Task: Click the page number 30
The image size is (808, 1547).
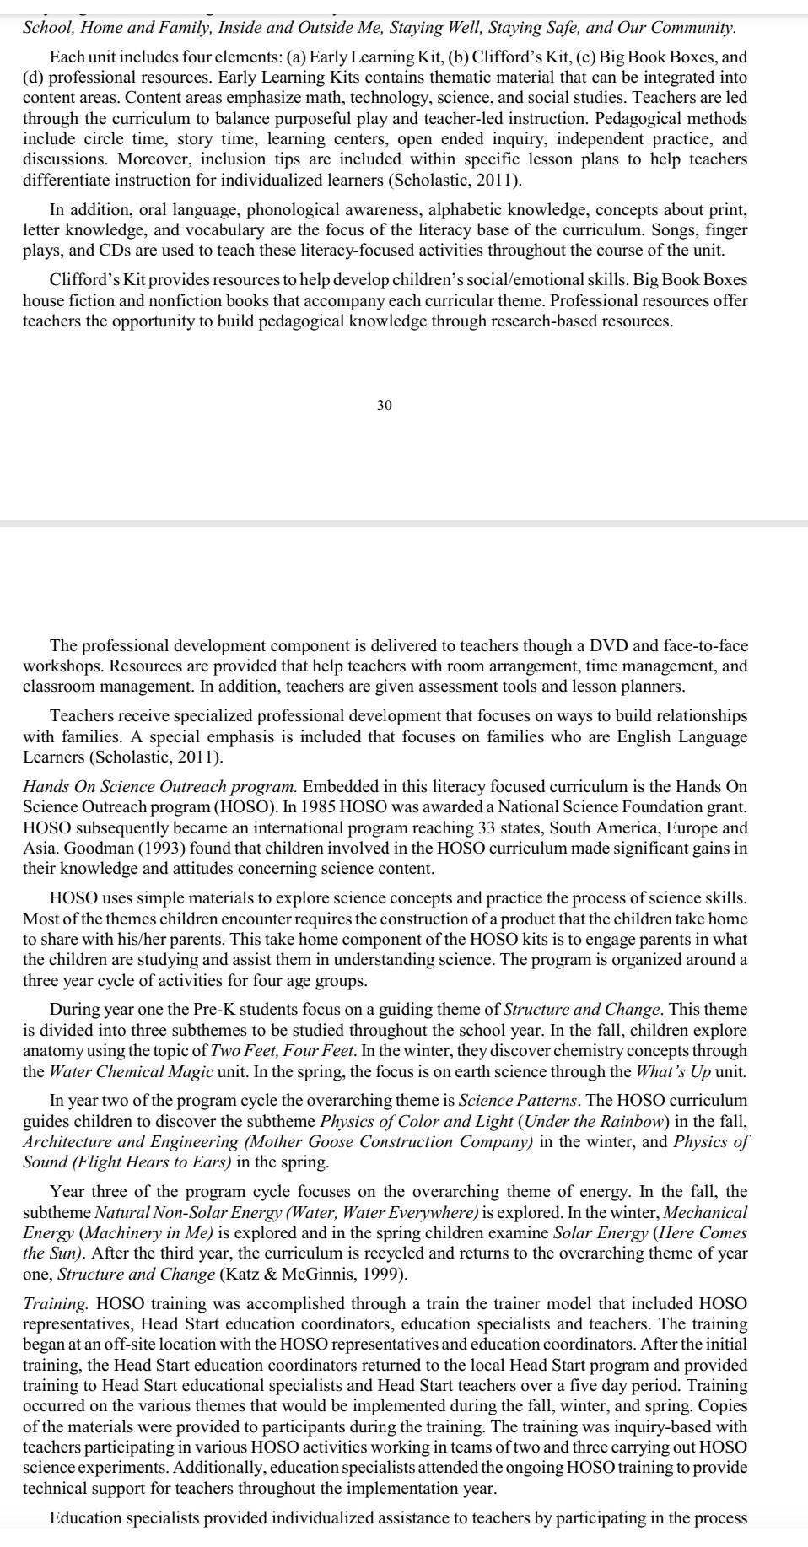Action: click(x=384, y=406)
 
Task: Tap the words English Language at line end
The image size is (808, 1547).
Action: click(x=687, y=736)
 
